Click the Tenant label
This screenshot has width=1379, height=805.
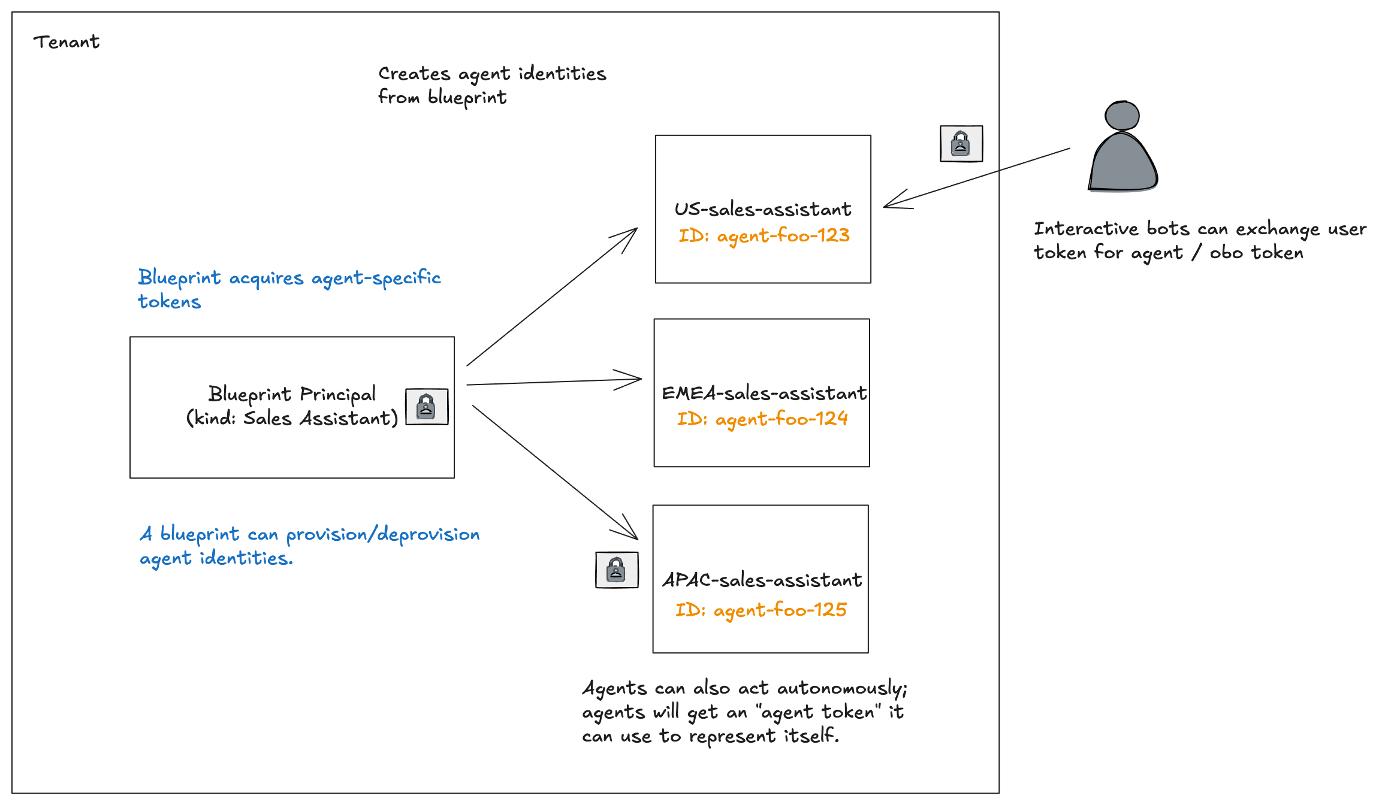[66, 42]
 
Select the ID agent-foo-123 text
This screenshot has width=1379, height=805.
[764, 235]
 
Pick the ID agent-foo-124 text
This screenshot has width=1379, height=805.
[762, 419]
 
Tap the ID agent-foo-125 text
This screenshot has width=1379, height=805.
[761, 610]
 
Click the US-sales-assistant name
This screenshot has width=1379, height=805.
[762, 209]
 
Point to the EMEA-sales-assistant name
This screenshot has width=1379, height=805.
[764, 393]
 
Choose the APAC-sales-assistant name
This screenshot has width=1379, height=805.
[762, 580]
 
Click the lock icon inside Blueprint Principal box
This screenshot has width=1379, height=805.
[427, 407]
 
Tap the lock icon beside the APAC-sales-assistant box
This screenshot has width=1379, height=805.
[617, 570]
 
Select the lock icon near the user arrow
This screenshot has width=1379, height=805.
[961, 144]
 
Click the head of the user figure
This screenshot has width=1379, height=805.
[1122, 116]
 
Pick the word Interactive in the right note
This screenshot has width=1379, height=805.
[1085, 229]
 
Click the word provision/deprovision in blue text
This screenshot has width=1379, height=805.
[382, 534]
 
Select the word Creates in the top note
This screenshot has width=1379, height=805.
[414, 74]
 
